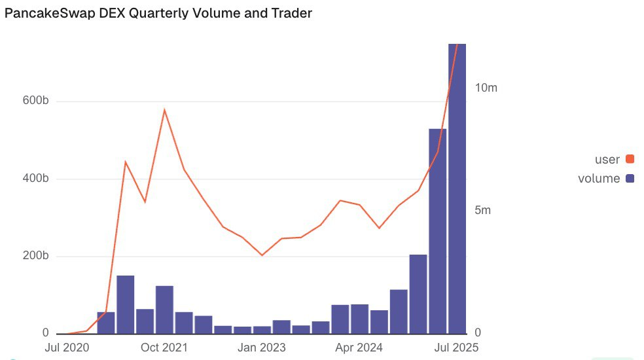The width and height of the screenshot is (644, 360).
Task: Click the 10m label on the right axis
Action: click(x=486, y=88)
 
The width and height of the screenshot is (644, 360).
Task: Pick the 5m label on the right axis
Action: click(x=482, y=211)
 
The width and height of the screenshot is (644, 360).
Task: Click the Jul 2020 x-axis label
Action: click(x=67, y=347)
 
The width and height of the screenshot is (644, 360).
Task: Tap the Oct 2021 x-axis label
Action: click(x=164, y=347)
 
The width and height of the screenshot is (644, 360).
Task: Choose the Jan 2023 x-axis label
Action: click(x=262, y=347)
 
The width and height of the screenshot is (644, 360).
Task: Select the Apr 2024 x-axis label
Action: click(x=359, y=347)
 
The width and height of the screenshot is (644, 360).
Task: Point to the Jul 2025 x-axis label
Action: click(x=456, y=347)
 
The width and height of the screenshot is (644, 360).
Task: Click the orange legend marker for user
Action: click(x=630, y=159)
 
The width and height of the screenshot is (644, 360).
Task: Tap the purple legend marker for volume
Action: click(x=630, y=179)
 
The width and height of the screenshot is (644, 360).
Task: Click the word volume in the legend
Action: click(x=598, y=179)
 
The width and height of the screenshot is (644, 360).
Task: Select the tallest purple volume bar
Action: click(x=457, y=190)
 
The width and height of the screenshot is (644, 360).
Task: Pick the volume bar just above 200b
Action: click(x=418, y=294)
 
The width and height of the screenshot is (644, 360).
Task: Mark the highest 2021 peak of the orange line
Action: click(x=164, y=110)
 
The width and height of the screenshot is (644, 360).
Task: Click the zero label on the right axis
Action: click(x=477, y=333)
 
